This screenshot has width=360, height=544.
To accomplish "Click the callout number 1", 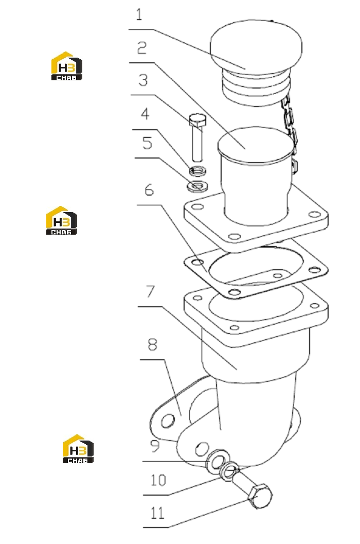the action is (x=139, y=15).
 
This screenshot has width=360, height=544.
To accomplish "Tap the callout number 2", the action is (x=142, y=48).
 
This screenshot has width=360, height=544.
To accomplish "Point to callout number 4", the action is (x=145, y=114).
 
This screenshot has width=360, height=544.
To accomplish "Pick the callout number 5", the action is (x=148, y=143).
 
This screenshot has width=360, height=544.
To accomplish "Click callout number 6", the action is (x=149, y=189).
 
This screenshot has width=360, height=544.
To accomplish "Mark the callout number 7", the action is (x=150, y=291).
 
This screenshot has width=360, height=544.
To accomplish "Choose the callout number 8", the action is (x=153, y=344).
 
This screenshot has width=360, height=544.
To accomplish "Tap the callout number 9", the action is (x=155, y=446).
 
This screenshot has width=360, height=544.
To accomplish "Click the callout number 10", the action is (x=158, y=480).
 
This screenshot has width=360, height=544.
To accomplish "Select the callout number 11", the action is (x=157, y=513).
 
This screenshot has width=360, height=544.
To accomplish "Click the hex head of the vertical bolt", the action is (x=197, y=120).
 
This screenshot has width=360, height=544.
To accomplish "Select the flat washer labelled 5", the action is (x=197, y=186).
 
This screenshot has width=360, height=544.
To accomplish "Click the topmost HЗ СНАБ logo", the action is (x=66, y=66).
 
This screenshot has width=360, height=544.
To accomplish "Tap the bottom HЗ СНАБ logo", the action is (x=78, y=449).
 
